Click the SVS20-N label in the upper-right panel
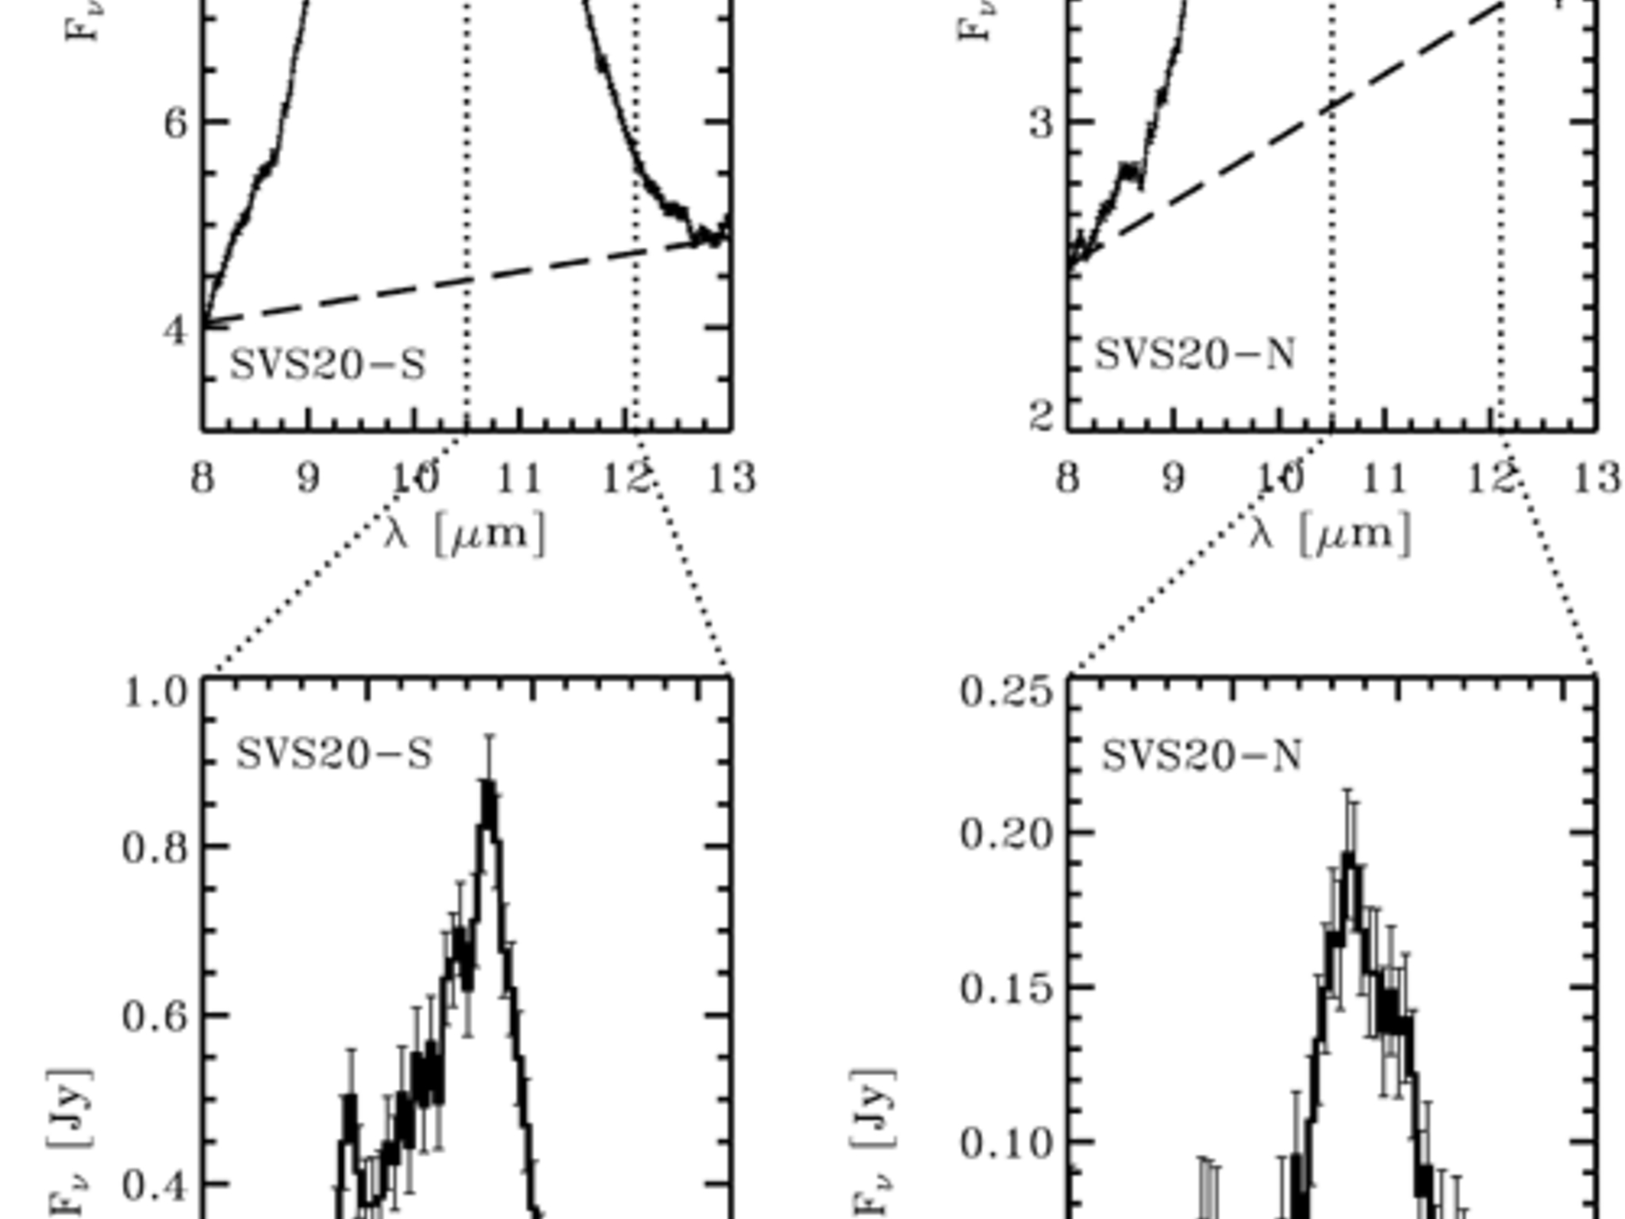click(1194, 354)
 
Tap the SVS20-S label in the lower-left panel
click(334, 754)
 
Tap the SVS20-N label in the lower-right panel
click(1201, 756)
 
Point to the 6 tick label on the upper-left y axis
click(175, 124)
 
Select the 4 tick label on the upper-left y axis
click(175, 329)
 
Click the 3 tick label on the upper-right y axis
click(1041, 124)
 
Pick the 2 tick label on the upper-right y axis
click(1041, 416)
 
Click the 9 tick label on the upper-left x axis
click(308, 478)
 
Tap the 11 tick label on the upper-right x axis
click(1384, 478)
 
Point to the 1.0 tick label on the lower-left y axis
click(156, 693)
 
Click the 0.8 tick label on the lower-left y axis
click(156, 848)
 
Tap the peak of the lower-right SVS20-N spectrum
click(1350, 857)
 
